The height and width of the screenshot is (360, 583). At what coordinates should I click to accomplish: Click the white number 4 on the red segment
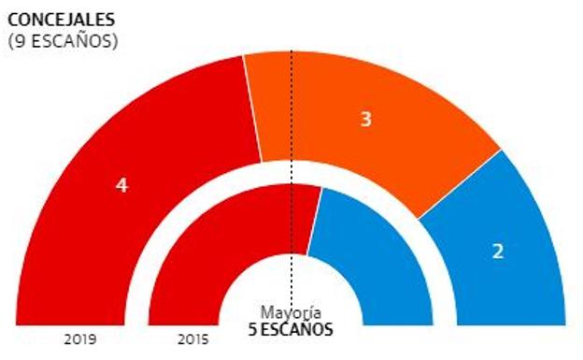(x=121, y=185)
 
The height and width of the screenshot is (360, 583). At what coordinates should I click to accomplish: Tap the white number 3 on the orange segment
(x=366, y=120)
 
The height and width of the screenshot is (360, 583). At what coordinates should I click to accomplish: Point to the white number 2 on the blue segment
(x=498, y=251)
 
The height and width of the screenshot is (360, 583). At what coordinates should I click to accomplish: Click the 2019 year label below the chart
(x=80, y=339)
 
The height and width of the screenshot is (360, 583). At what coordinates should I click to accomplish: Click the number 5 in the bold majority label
(x=252, y=329)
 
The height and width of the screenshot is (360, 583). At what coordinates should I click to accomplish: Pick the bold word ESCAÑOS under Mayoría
(x=297, y=329)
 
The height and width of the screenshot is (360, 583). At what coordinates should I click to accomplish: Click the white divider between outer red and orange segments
(x=252, y=108)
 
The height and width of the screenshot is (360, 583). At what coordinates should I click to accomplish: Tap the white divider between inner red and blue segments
(x=315, y=220)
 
